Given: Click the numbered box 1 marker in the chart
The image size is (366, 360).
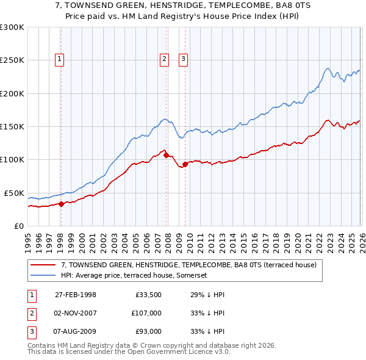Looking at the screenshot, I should point(60,59).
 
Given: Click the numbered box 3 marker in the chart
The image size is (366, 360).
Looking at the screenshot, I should point(184,59).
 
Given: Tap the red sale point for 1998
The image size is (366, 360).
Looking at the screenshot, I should point(61,204).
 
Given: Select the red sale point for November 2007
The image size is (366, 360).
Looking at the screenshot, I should point(166,156).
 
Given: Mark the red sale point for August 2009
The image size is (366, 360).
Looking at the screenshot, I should point(185,164).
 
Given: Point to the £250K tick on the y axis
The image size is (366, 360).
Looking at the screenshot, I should point(12,60).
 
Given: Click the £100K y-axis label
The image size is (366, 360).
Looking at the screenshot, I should point(12,159).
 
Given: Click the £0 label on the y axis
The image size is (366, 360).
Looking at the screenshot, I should point(18,226).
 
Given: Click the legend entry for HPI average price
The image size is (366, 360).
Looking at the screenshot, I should point(134,276).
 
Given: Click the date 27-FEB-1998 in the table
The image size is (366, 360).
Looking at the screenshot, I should point(75,295).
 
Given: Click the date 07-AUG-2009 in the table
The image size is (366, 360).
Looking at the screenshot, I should point(75,331).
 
